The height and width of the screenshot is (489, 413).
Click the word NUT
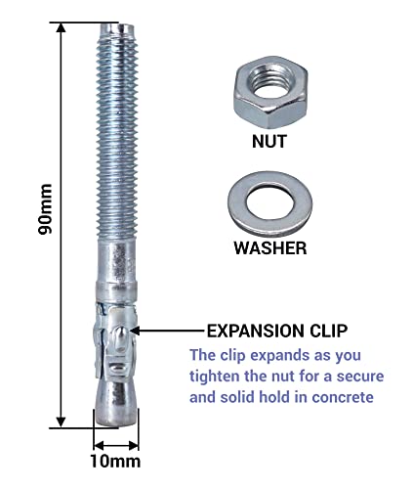270,141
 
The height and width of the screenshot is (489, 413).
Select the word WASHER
270,248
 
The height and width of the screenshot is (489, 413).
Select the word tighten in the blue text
220,377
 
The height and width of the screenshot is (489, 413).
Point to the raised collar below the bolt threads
116,285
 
